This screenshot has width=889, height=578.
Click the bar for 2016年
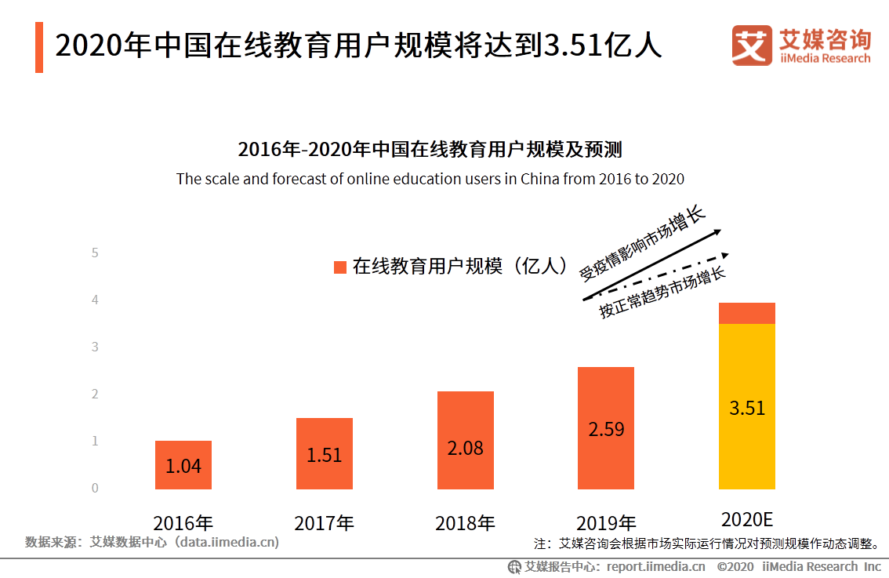[183, 464]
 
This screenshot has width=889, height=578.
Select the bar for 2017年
[324, 453]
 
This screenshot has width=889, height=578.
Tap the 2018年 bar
[465, 440]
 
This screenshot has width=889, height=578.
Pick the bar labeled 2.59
[605, 427]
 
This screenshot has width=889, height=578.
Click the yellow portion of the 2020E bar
[746, 406]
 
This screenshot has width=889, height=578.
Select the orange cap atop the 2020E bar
[746, 313]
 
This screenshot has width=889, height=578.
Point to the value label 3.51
[746, 409]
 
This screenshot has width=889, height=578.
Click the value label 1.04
[183, 466]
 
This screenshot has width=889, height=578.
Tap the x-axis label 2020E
[746, 519]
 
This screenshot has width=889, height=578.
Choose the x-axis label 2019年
[605, 523]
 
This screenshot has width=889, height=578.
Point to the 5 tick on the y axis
[95, 253]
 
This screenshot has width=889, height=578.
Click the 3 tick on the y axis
[95, 347]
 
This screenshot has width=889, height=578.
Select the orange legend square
[340, 267]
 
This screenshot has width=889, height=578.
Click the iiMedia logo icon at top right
[752, 45]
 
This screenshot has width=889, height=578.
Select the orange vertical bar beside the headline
[39, 47]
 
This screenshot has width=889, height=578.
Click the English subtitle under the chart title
[430, 179]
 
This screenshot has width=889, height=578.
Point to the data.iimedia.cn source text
[227, 542]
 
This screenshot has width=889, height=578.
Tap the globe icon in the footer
[514, 566]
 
